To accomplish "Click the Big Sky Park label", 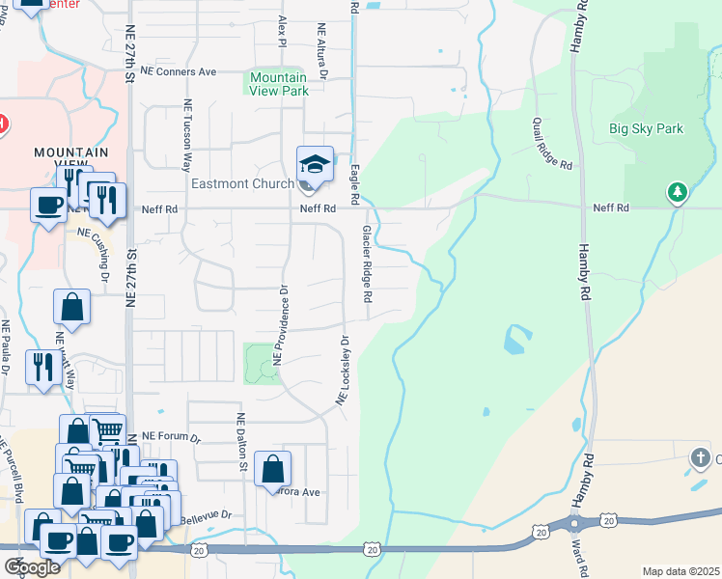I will pos(646,128).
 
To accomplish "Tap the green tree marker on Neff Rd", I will pos(678,193).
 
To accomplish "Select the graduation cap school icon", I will pos(314,164).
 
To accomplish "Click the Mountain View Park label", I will pos(278,84).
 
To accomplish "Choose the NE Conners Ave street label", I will pos(179,71).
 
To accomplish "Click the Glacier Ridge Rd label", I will pos(367,264).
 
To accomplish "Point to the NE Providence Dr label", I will pos(281,323).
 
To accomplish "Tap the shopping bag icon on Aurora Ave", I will pos(273,469).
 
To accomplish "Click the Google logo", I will pos(31,567).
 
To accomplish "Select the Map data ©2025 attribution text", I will pos(680,571).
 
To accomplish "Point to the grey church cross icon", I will pos(701,456).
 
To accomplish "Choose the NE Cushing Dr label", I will pos(100,253).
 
